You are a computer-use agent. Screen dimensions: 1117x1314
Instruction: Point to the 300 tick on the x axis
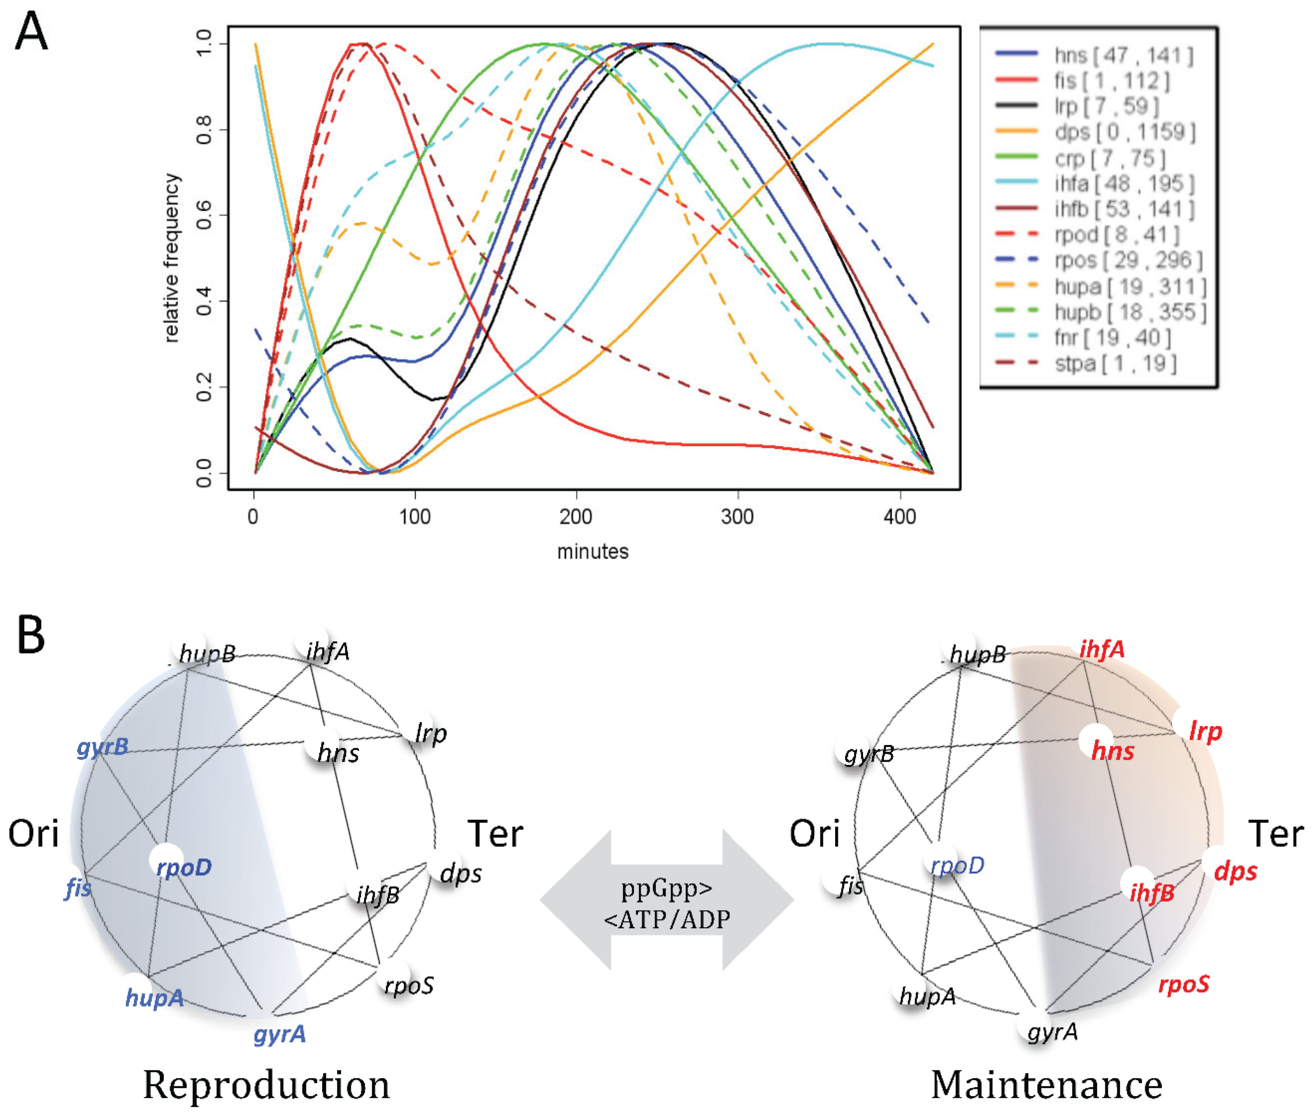click(737, 517)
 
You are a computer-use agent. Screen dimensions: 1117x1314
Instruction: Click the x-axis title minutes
click(593, 552)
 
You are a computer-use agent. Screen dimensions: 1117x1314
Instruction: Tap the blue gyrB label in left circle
click(102, 747)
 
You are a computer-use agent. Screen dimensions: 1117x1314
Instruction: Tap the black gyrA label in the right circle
click(1052, 1032)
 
